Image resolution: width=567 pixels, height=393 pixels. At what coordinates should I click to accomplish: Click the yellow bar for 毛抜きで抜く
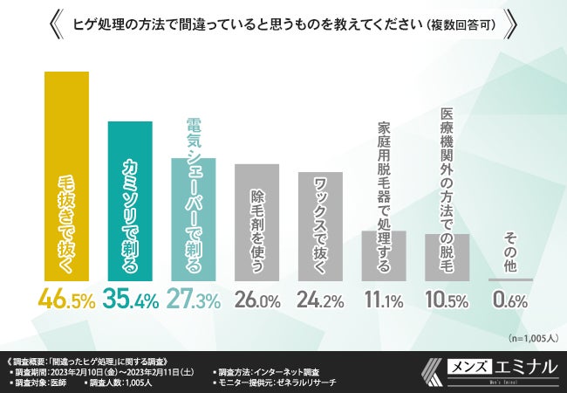pyautogui.click(x=67, y=175)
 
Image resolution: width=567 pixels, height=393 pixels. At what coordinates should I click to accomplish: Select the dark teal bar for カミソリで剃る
pyautogui.click(x=131, y=200)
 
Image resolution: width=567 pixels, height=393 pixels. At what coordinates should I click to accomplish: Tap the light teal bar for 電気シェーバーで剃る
pyautogui.click(x=194, y=218)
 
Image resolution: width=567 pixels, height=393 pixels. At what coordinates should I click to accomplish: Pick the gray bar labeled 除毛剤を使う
pyautogui.click(x=257, y=222)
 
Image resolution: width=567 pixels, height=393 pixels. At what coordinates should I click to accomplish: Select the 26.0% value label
pyautogui.click(x=257, y=300)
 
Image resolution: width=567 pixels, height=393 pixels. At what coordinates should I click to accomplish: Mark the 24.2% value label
pyautogui.click(x=321, y=300)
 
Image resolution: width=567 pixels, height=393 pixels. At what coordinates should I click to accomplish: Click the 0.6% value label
pyautogui.click(x=511, y=300)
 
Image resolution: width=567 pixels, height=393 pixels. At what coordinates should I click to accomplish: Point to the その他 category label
pyautogui.click(x=511, y=254)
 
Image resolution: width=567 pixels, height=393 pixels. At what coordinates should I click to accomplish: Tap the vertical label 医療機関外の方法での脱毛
pyautogui.click(x=447, y=170)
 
